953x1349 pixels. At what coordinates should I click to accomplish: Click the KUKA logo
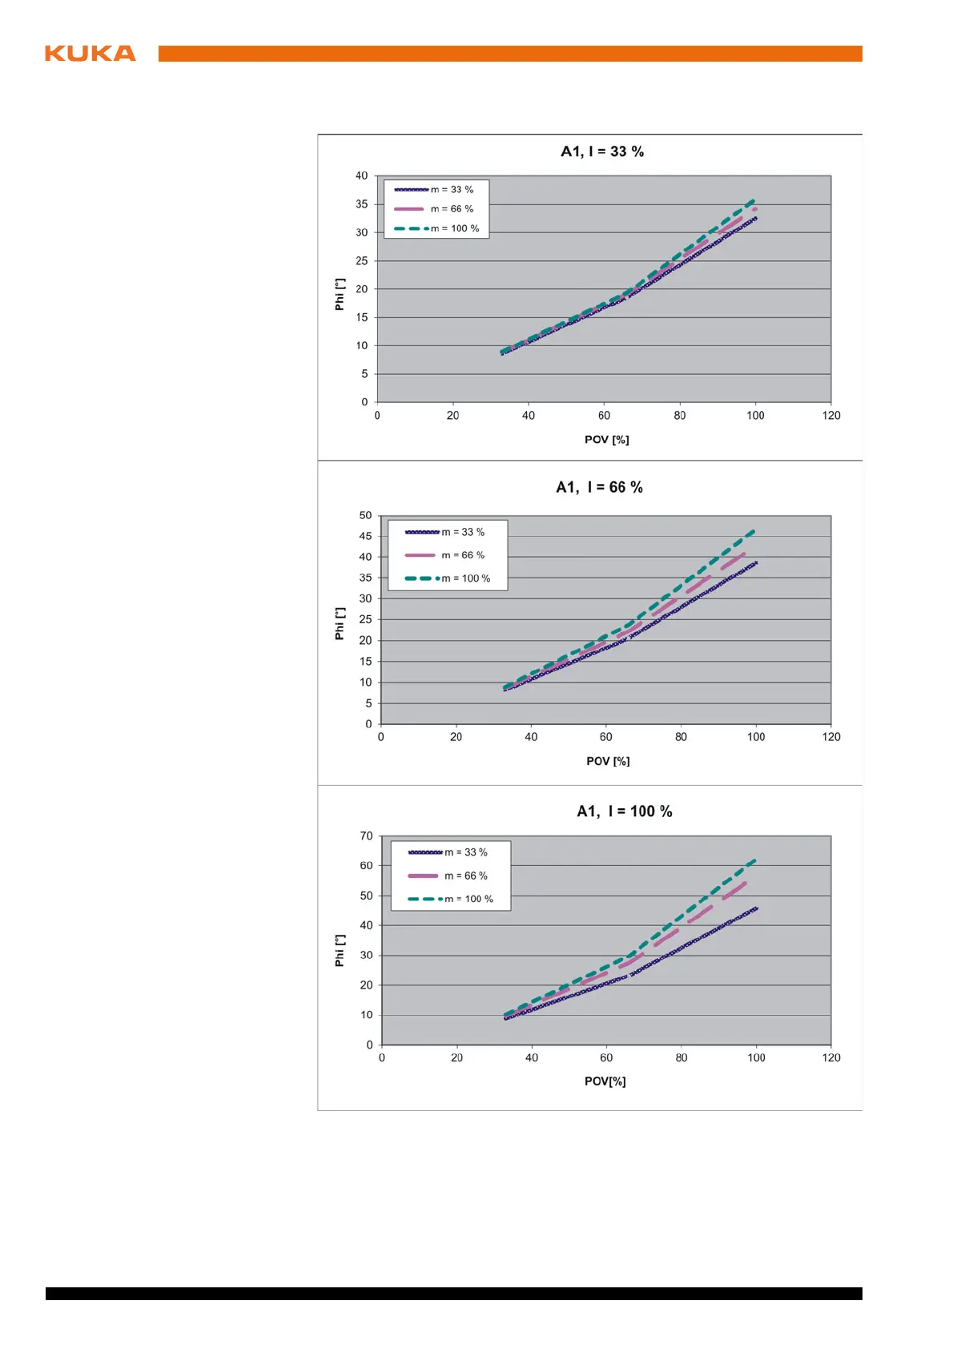point(90,54)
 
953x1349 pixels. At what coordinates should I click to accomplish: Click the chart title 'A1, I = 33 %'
point(602,151)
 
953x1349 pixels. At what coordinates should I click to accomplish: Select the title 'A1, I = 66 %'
point(599,487)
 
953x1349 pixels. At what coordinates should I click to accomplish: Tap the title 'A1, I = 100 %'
point(624,811)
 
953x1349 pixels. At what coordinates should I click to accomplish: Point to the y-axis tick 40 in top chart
point(362,176)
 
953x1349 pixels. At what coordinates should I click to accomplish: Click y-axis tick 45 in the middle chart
point(365,536)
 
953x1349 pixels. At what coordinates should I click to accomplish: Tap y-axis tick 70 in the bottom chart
point(366,836)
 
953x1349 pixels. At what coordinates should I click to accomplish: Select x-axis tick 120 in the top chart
point(831,416)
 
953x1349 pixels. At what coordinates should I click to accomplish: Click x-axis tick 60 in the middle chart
point(606,737)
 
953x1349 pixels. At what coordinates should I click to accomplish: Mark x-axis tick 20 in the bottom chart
point(456,1057)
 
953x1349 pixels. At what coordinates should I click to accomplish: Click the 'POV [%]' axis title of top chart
point(607,440)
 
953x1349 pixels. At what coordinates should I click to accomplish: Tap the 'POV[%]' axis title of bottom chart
point(605,1081)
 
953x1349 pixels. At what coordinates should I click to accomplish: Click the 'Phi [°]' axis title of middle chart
point(340,623)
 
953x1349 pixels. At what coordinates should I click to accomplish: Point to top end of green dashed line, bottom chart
point(754,860)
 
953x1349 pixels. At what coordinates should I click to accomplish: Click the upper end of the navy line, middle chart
point(756,562)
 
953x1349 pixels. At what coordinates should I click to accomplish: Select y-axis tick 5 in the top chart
point(364,374)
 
